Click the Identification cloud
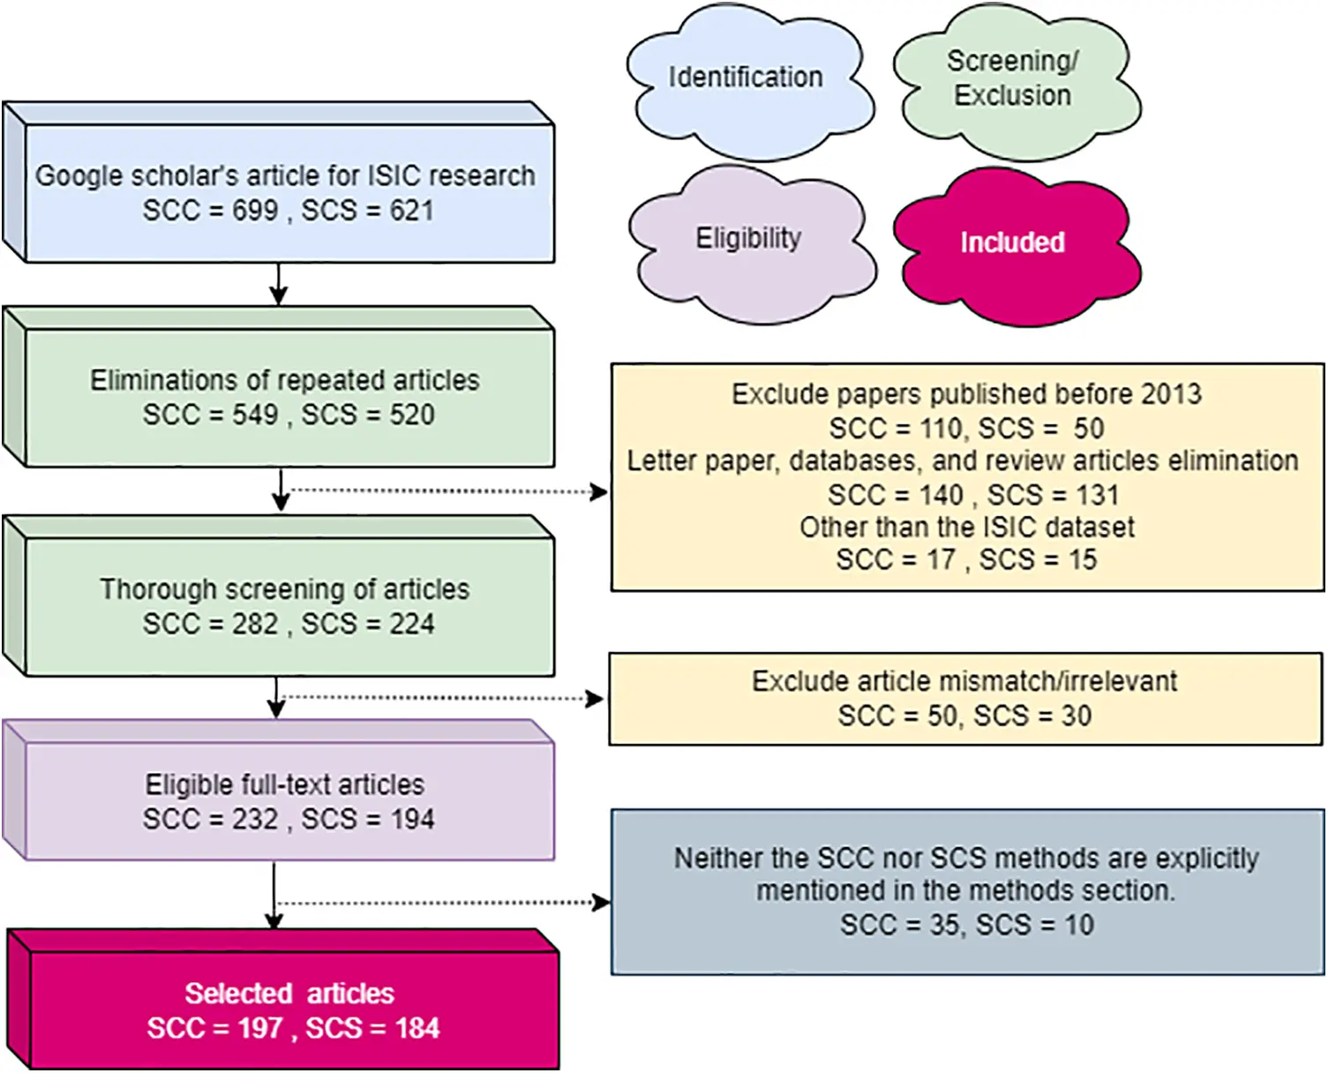point(746,78)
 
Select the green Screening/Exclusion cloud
point(1013,79)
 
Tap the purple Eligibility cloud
point(748,238)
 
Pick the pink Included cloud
point(1012,243)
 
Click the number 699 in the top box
point(255,211)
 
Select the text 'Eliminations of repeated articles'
point(285,380)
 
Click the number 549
point(255,415)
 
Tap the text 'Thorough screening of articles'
point(285,589)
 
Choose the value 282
point(255,624)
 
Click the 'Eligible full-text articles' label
point(285,784)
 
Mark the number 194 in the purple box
point(412,820)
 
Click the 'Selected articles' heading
point(289,994)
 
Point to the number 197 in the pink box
point(260,1029)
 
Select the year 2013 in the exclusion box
point(1170,394)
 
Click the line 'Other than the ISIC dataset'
point(967,528)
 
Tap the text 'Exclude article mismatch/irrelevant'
point(964,681)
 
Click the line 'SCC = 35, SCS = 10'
point(967,925)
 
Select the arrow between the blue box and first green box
point(279,284)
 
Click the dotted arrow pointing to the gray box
point(441,903)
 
